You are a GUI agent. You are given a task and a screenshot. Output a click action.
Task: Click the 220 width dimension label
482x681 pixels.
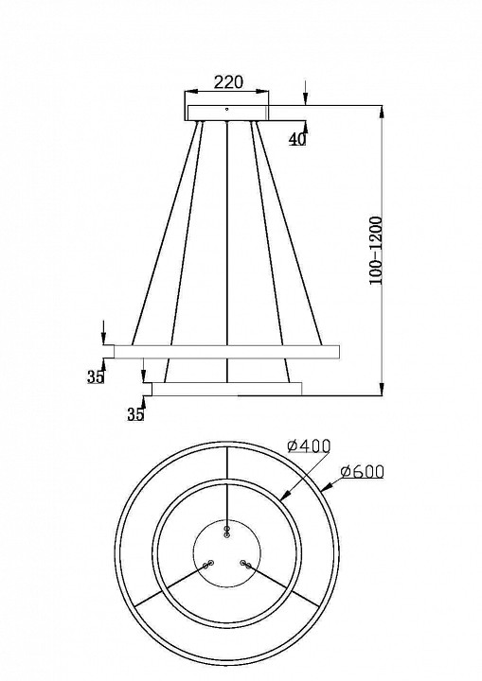228,81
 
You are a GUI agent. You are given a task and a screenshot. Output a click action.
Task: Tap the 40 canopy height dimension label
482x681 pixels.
298,139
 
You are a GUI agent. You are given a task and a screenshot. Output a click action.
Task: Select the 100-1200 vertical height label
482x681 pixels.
375,251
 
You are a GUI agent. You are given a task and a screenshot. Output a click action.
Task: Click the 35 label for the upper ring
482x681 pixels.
96,377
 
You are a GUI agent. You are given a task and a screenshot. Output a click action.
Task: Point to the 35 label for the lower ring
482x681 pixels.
135,414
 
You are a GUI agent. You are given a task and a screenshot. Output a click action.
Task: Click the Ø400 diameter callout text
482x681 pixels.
309,445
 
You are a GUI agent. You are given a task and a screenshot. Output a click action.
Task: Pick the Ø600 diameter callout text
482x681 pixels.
363,471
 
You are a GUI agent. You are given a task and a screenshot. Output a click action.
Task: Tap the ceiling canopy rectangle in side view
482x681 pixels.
228,112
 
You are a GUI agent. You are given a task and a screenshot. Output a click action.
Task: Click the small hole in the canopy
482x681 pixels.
226,109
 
